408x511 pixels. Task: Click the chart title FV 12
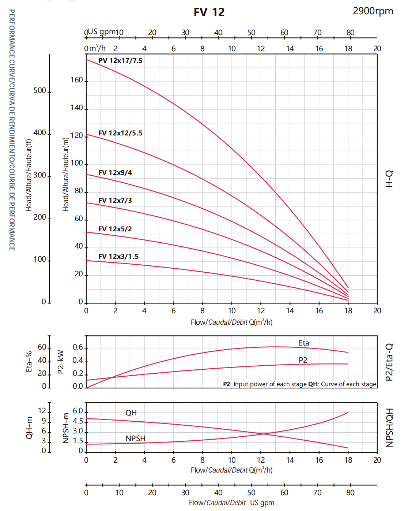209,12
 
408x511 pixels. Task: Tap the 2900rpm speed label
373,11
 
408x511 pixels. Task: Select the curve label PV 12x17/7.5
120,61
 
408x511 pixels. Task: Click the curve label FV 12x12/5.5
120,133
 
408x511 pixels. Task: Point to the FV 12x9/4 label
115,173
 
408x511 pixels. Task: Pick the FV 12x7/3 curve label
115,201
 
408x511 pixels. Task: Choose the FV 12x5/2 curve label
115,229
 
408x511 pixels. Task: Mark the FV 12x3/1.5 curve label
118,257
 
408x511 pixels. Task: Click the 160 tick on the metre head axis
77,80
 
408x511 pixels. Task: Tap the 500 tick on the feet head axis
39,91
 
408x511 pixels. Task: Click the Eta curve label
304,343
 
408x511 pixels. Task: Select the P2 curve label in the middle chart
303,360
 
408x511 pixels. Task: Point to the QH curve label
131,413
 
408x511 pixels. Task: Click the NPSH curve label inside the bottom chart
135,439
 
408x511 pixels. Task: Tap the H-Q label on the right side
390,179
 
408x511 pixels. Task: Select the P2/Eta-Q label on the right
390,362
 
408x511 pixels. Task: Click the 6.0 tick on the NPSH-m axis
78,411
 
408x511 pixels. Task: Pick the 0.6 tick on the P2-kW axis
78,347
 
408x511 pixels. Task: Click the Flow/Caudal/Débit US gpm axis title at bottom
231,503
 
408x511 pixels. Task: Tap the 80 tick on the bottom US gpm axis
350,493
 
